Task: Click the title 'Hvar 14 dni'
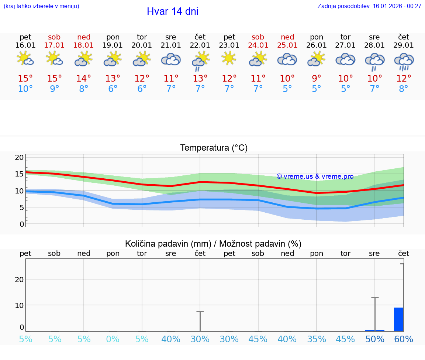pos(172,11)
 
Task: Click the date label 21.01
pos(171,45)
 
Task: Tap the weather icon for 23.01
pos(229,58)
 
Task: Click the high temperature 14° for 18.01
pos(84,79)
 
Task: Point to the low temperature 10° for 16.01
pos(25,89)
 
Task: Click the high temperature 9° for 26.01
pos(317,79)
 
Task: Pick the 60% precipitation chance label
pos(404,339)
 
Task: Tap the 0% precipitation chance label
pos(113,339)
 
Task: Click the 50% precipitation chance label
pos(375,339)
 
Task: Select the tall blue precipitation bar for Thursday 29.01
pos(398,319)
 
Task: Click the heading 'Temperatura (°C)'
pos(214,148)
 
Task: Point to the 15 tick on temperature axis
pos(19,174)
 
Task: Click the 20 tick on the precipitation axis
pos(19,279)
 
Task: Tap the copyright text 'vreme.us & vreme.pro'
pos(315,176)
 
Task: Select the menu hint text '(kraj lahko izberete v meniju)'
pos(41,6)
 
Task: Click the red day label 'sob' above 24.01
pos(258,37)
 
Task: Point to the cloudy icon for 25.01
pos(287,59)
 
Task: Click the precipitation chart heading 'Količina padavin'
pos(213,244)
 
